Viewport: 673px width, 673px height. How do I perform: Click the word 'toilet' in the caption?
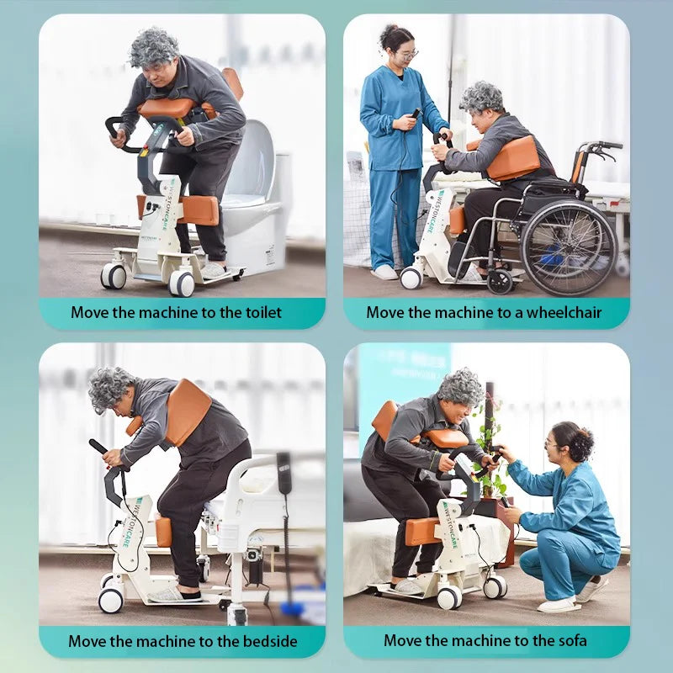263,312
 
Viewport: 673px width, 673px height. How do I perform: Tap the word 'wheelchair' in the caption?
564,312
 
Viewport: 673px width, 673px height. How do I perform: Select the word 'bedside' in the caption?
270,641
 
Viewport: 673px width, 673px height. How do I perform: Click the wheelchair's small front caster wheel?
500,281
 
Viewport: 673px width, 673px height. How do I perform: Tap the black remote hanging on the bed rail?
284,472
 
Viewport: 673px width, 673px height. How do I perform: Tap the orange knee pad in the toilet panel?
198,210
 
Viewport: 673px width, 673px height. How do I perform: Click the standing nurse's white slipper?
384,272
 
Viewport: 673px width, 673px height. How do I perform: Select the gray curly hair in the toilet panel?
154,48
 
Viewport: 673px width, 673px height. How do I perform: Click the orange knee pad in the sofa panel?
422,532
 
